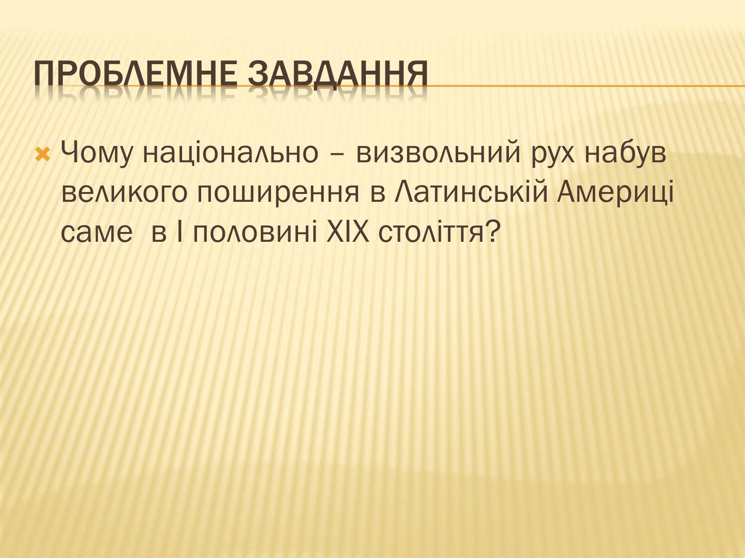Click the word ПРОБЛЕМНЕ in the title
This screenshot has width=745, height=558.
135,73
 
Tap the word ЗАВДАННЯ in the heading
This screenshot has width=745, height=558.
338,73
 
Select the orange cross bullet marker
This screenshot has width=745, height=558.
43,154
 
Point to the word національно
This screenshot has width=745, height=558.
230,153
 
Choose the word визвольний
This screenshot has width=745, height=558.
438,153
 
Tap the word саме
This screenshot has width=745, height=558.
97,235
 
